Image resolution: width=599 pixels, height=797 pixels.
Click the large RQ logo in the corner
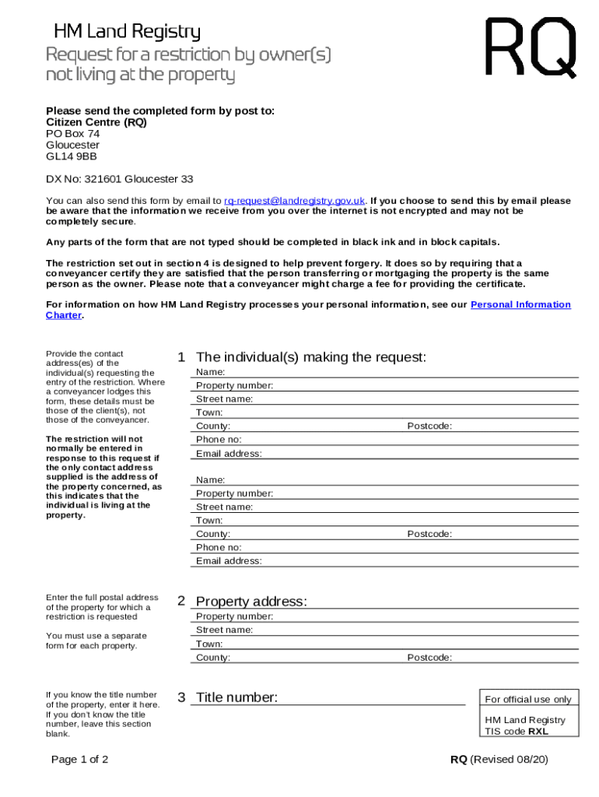click(x=531, y=48)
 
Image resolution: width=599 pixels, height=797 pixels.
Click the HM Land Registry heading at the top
click(x=127, y=32)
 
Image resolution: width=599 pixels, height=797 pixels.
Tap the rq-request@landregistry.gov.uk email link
click(x=294, y=201)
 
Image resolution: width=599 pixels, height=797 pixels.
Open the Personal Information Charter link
click(x=520, y=304)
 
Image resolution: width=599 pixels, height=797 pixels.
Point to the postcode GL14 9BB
click(x=72, y=156)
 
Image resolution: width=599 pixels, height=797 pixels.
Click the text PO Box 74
click(x=73, y=134)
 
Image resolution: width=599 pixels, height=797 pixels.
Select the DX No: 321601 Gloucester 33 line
click(x=120, y=179)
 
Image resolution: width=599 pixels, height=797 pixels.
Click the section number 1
click(x=181, y=357)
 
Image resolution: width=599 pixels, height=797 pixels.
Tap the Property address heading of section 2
click(x=251, y=602)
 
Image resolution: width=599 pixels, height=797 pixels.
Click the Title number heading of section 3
click(x=236, y=697)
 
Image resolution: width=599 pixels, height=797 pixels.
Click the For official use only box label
click(x=527, y=699)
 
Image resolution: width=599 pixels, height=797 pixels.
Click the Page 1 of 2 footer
click(x=79, y=760)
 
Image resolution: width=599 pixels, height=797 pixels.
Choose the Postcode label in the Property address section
click(x=429, y=658)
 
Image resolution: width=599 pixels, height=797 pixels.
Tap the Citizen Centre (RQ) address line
click(x=96, y=122)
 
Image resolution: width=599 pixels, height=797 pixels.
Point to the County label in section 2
click(x=213, y=658)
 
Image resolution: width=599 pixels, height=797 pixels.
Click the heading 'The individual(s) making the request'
click(x=311, y=357)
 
